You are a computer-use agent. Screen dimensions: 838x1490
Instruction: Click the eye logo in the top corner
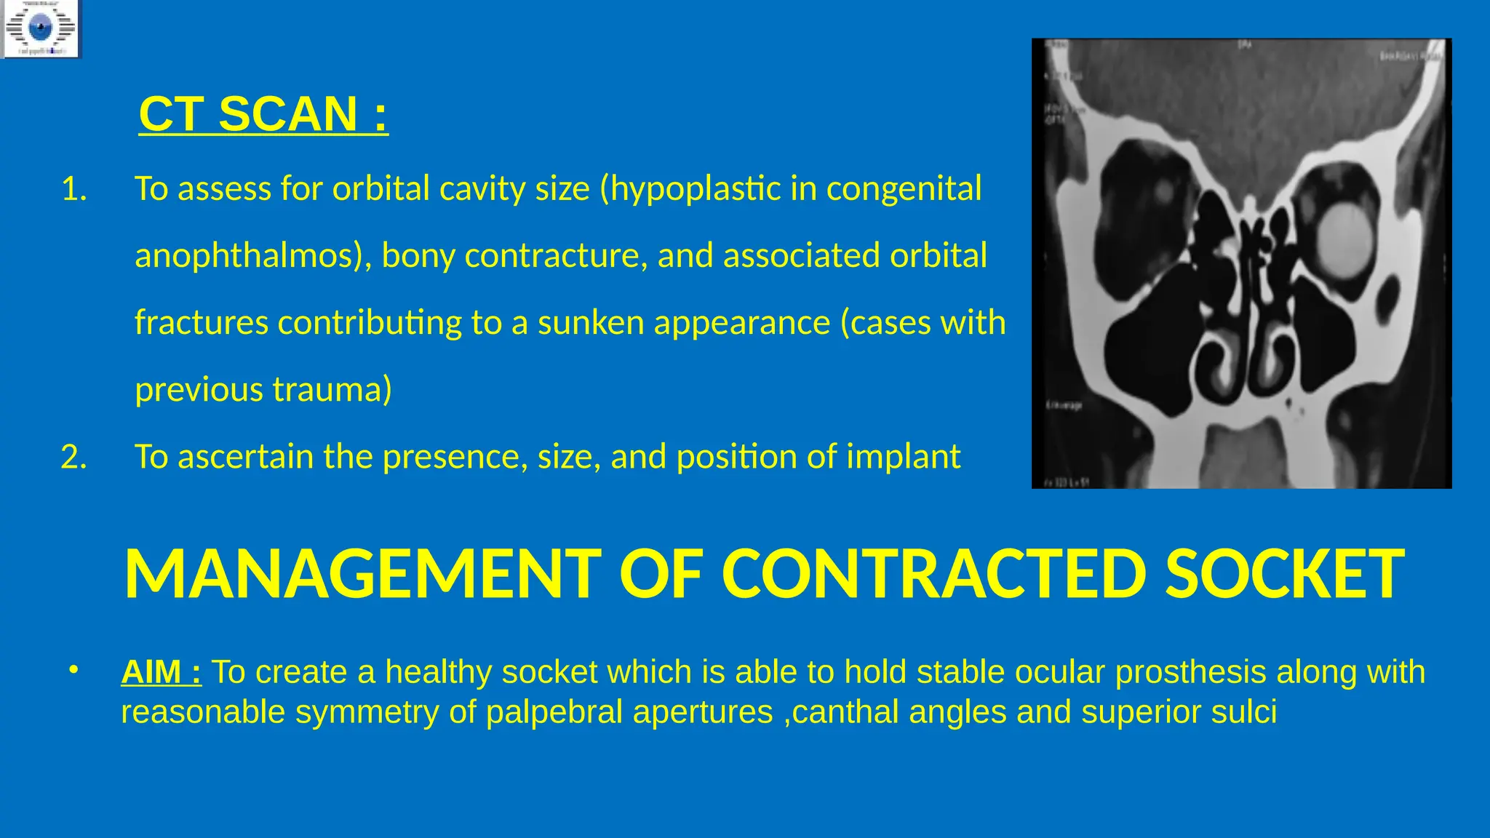tap(40, 29)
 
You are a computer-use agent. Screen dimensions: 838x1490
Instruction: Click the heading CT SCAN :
tap(263, 114)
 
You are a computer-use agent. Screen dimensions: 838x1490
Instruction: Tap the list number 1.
tap(74, 189)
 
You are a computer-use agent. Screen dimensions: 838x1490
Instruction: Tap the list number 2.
tap(74, 458)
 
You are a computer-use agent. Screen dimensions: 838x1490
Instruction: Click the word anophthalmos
tap(247, 256)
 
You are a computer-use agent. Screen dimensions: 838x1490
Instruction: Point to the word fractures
tap(201, 323)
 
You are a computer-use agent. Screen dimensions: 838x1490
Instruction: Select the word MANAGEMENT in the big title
tap(362, 574)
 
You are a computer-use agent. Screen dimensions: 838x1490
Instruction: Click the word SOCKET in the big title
tap(1284, 574)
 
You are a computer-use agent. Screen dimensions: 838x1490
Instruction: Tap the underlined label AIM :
tap(162, 672)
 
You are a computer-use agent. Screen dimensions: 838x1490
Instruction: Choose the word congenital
tap(904, 189)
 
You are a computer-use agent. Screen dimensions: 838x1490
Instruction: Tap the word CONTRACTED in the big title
tap(933, 574)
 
